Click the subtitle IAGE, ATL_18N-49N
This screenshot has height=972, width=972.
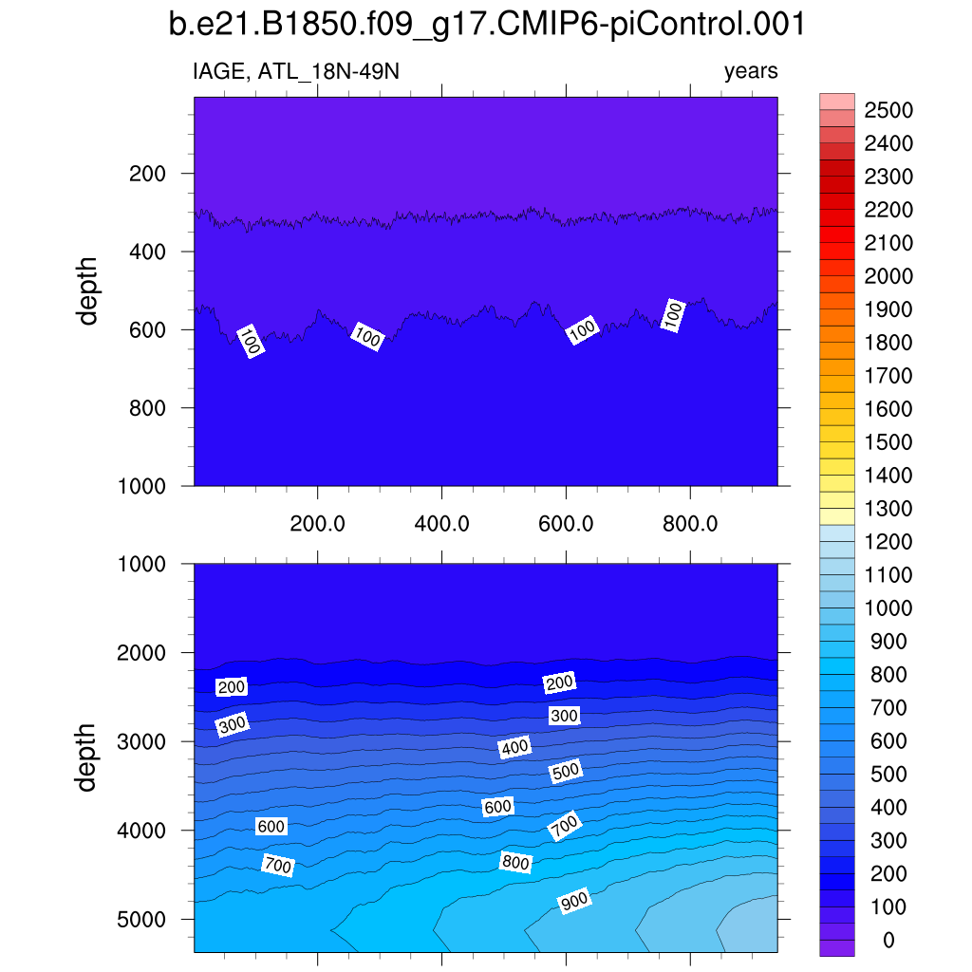(x=302, y=71)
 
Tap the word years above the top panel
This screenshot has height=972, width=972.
(x=750, y=71)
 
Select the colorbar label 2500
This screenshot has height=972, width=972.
(x=888, y=111)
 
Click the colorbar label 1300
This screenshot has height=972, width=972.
(x=888, y=509)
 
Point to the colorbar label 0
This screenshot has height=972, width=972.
(x=888, y=941)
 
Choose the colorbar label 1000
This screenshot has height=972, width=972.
(x=888, y=608)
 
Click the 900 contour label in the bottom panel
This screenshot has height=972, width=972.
(x=574, y=902)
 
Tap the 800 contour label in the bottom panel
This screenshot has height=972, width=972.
(x=515, y=863)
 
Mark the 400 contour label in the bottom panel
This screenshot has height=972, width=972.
(x=514, y=748)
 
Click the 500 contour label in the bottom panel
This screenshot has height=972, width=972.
(x=565, y=772)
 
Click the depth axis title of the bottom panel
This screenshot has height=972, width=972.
(x=88, y=757)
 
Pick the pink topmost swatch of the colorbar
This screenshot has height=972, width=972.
(x=836, y=102)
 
